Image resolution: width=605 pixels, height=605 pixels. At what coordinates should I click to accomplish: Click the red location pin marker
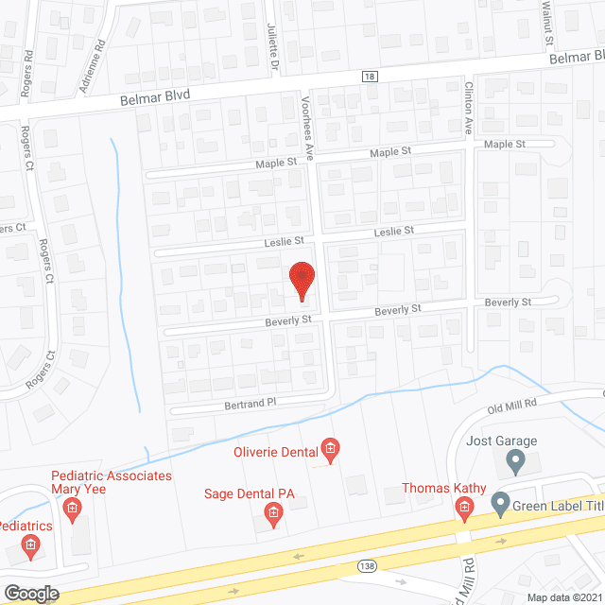pyautogui.click(x=302, y=281)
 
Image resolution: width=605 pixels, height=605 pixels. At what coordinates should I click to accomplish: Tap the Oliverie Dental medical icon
pyautogui.click(x=330, y=449)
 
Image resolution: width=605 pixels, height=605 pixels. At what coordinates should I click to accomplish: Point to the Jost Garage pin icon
pyautogui.click(x=515, y=462)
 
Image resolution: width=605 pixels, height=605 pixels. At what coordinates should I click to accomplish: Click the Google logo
pyautogui.click(x=30, y=593)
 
